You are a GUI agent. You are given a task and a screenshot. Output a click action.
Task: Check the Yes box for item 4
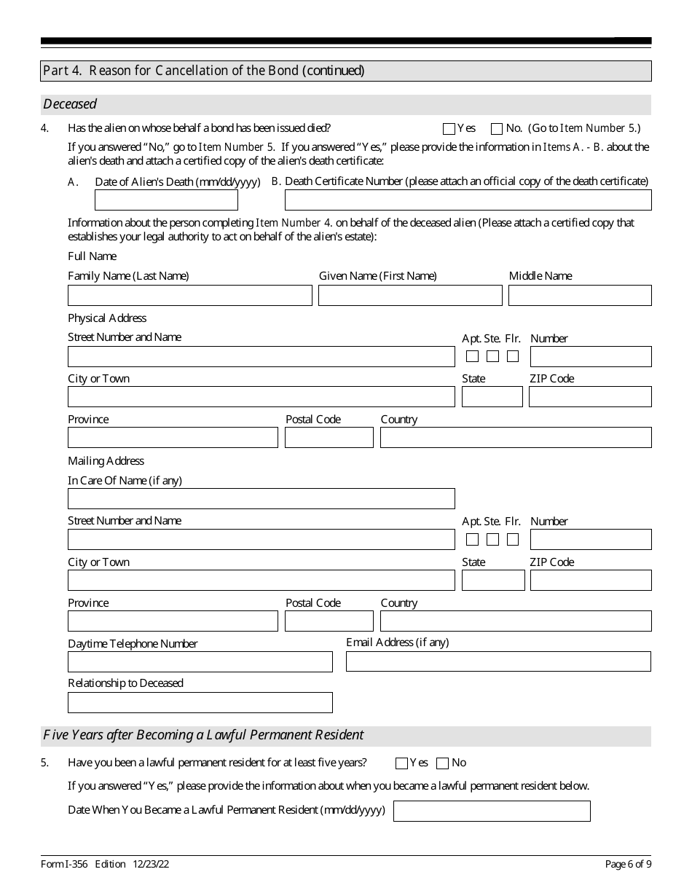[x=449, y=129]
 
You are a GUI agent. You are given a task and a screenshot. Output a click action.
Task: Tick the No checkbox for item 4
[x=497, y=129]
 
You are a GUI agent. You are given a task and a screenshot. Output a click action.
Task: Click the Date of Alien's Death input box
[x=166, y=200]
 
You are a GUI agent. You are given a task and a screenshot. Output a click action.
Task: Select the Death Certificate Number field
[x=468, y=200]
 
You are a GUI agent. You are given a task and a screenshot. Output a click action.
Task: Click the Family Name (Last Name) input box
[x=189, y=295]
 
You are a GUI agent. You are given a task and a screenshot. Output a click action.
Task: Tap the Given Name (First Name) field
[x=410, y=295]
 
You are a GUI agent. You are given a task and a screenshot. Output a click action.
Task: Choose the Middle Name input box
[x=580, y=295]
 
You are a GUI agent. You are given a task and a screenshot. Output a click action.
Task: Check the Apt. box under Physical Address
[x=472, y=356]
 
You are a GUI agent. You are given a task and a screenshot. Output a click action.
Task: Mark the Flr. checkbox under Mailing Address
[x=513, y=540]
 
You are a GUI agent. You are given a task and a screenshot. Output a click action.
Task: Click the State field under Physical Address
[x=492, y=397]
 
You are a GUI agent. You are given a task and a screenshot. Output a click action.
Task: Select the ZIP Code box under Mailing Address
[x=590, y=581]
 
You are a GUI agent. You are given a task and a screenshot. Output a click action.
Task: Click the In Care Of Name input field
[x=261, y=499]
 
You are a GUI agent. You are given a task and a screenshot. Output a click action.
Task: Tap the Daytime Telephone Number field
[x=200, y=662]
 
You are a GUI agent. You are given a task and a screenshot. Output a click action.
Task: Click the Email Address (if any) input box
[x=498, y=661]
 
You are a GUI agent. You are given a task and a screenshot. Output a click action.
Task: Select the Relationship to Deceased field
[x=200, y=703]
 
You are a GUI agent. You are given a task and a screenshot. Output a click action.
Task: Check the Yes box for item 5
[x=401, y=763]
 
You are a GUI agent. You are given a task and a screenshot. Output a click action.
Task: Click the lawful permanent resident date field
[x=492, y=811]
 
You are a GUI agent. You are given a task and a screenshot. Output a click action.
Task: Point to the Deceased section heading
[x=70, y=104]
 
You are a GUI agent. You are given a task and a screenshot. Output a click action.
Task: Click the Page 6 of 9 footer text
[x=628, y=865]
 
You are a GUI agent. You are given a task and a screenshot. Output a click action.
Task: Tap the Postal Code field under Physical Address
[x=329, y=438]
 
